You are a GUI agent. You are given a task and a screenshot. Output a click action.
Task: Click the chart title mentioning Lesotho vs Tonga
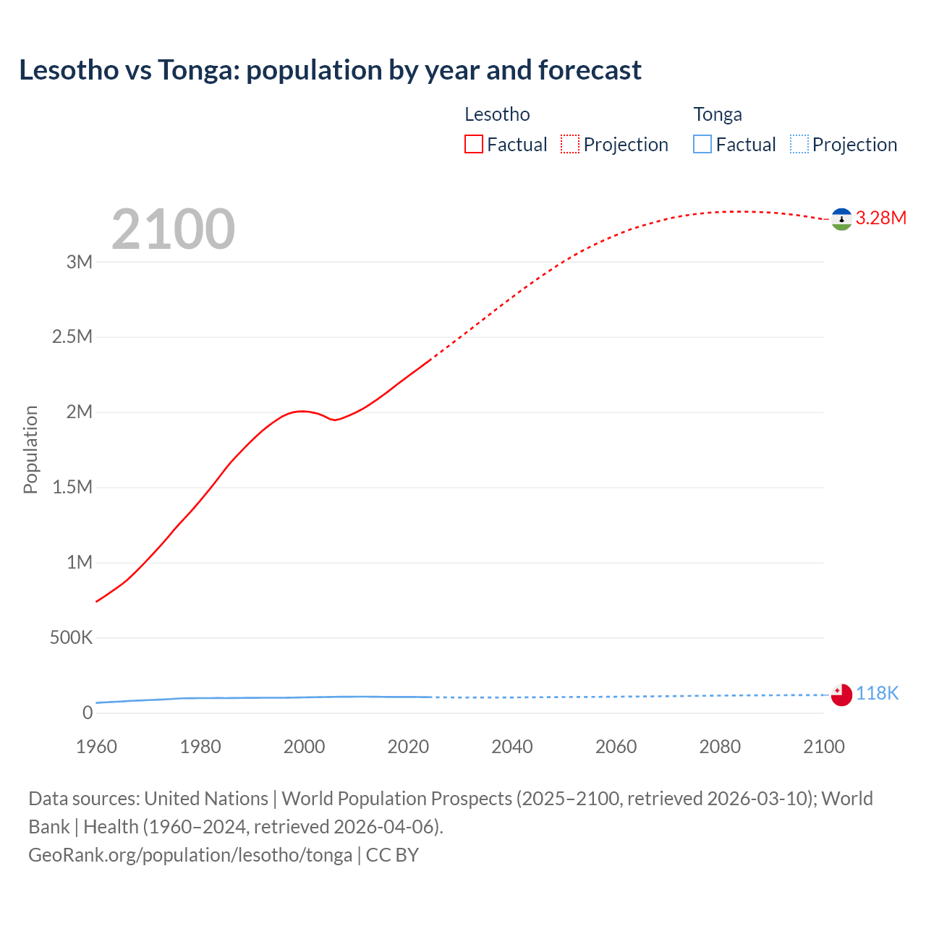coord(330,70)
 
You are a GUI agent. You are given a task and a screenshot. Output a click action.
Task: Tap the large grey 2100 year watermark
coord(173,229)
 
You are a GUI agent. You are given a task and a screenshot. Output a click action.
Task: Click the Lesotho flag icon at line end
coord(841,219)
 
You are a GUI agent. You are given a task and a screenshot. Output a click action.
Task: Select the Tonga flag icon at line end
coord(841,695)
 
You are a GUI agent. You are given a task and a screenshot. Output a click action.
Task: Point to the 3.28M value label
coord(880,218)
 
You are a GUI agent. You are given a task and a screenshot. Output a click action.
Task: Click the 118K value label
coord(877,693)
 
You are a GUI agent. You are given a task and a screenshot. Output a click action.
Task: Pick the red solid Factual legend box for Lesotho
coord(473,144)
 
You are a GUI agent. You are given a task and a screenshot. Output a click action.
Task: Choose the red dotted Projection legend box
coord(570,144)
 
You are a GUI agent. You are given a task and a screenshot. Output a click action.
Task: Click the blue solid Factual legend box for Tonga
coord(702,144)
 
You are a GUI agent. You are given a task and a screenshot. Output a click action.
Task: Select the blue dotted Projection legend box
coord(799,144)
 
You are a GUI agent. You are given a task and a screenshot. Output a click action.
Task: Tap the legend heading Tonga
coord(718,114)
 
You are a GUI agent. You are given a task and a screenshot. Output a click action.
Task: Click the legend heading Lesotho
coord(497,114)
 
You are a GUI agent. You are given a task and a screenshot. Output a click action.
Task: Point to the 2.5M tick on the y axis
coord(72,337)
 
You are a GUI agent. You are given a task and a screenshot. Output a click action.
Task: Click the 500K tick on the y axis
coord(71,638)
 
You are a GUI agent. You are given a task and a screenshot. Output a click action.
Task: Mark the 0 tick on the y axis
coord(88,713)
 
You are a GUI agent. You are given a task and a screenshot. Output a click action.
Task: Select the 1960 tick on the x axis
coord(96,747)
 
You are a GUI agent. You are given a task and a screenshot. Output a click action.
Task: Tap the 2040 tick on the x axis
coord(512,747)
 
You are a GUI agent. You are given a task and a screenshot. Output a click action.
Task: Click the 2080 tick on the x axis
coord(720,747)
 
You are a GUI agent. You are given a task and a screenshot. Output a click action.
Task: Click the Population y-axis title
coord(30,449)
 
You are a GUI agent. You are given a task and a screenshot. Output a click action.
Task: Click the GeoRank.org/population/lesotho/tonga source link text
coord(190,855)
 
